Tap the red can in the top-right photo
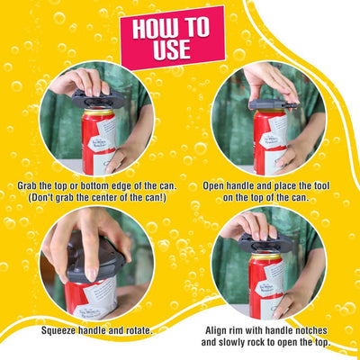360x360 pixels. pos(269,140)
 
